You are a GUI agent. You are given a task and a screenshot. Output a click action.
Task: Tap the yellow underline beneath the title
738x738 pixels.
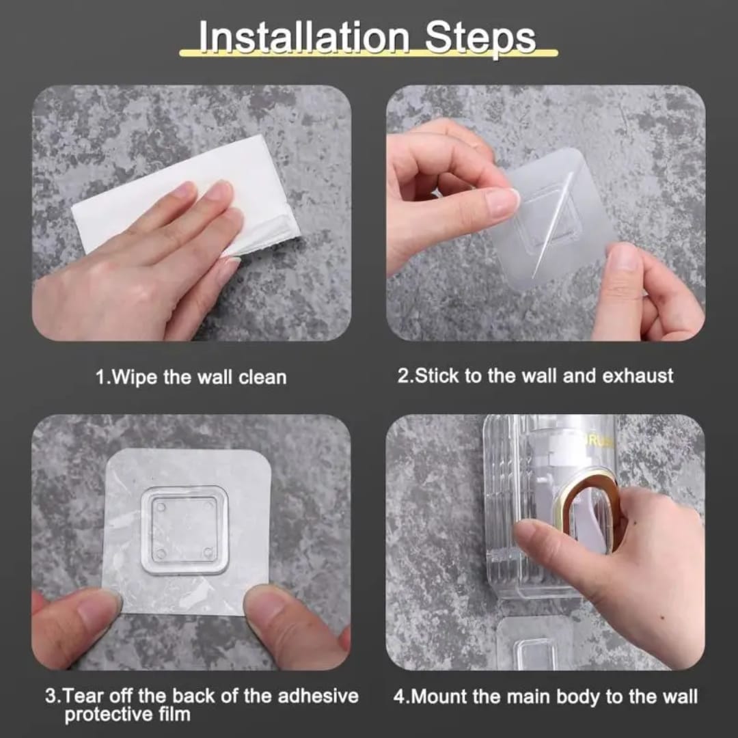(x=369, y=54)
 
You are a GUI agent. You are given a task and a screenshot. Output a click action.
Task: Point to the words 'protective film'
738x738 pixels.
(x=127, y=715)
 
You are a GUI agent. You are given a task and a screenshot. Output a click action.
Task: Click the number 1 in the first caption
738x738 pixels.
(x=100, y=377)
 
